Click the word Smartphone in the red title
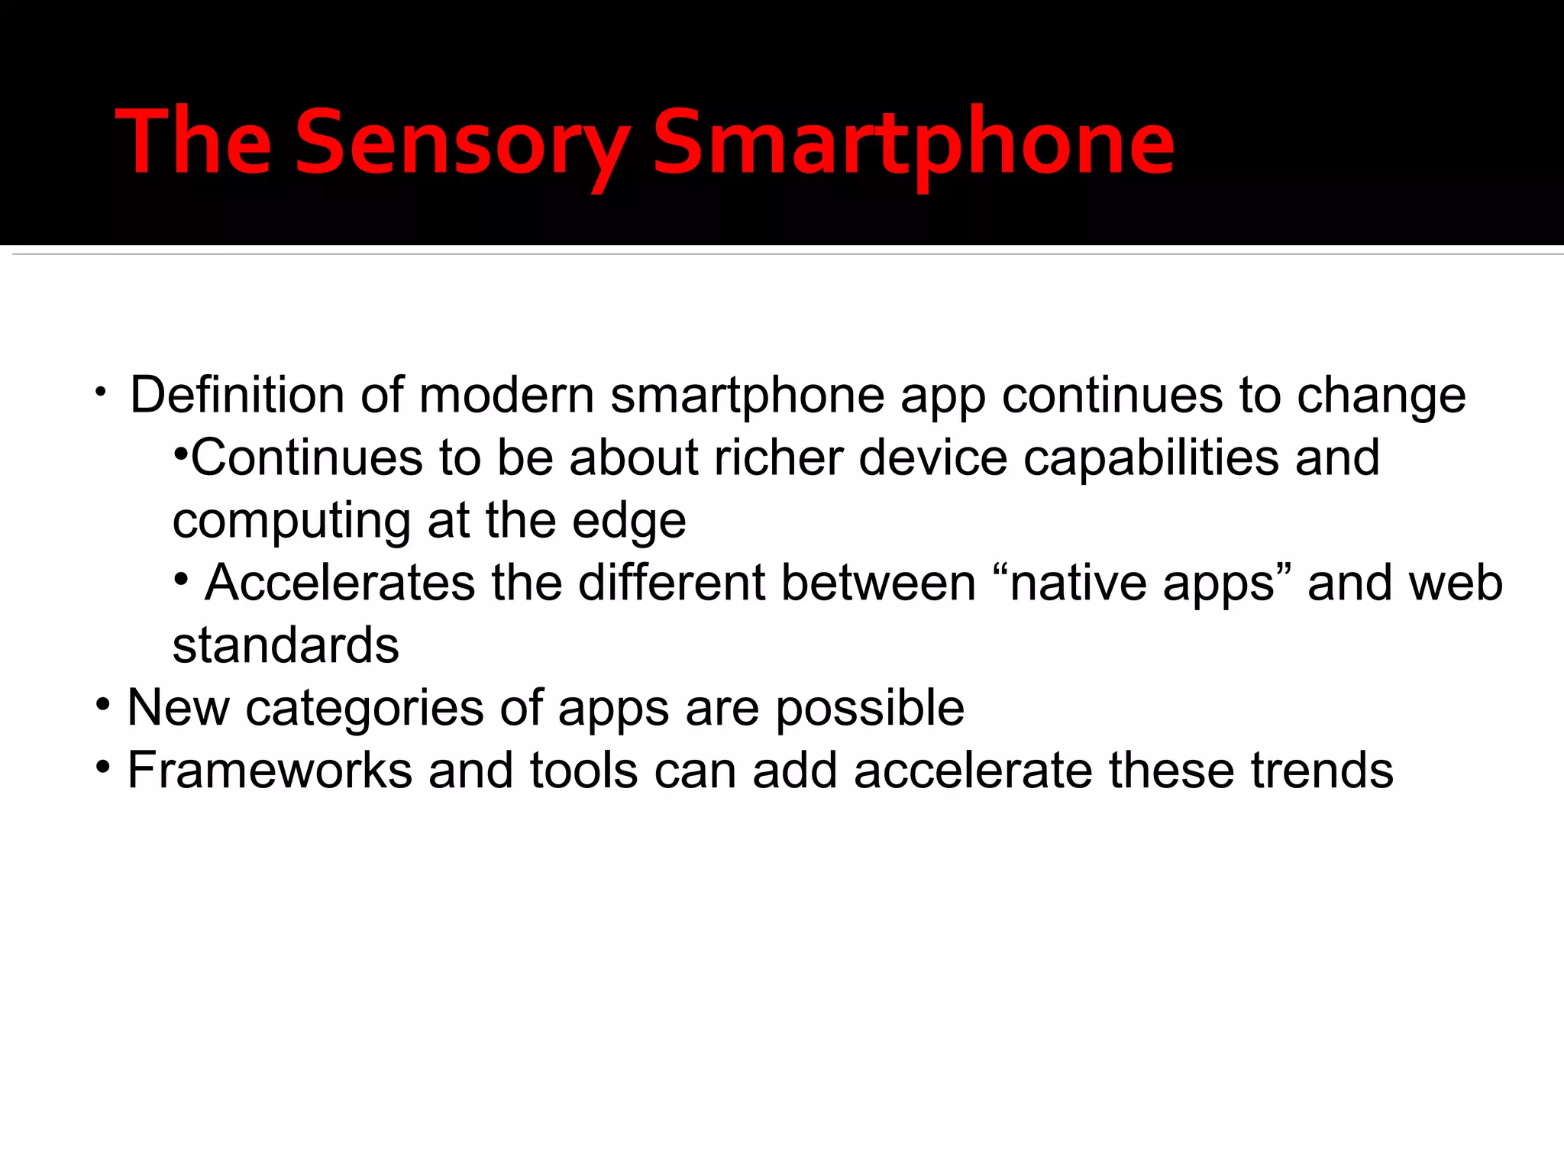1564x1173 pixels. (913, 144)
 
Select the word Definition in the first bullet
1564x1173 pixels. (238, 396)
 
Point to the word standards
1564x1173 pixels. (286, 646)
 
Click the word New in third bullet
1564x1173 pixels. (177, 708)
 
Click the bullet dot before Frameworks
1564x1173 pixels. (103, 766)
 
